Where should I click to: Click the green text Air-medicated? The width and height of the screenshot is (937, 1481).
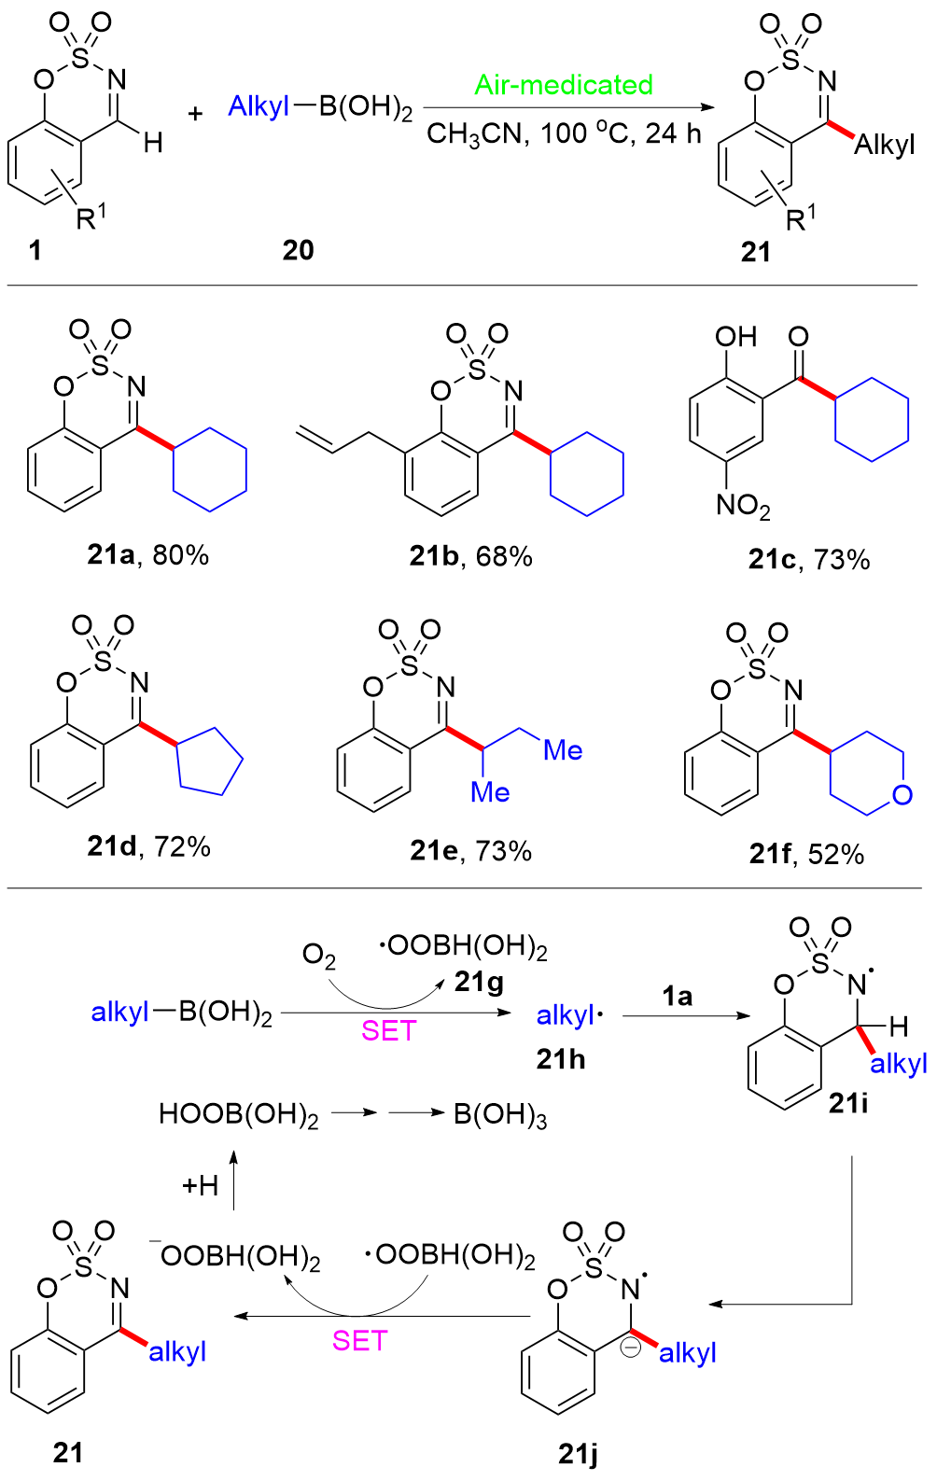pyautogui.click(x=564, y=85)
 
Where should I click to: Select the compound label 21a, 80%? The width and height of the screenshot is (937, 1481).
pyautogui.click(x=147, y=556)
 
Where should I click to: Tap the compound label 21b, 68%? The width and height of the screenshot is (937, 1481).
pyautogui.click(x=470, y=557)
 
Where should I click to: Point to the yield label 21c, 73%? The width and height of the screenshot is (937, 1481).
pyautogui.click(x=809, y=560)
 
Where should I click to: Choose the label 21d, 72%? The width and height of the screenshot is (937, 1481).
pyautogui.click(x=148, y=847)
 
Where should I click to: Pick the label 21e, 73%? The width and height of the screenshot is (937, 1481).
pyautogui.click(x=470, y=851)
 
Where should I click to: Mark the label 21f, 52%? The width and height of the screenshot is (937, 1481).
pyautogui.click(x=806, y=855)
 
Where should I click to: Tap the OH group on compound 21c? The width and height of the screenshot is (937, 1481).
pyautogui.click(x=735, y=337)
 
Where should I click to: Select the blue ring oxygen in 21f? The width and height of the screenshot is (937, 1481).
pyautogui.click(x=902, y=795)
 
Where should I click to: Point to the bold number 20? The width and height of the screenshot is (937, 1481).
pyautogui.click(x=299, y=250)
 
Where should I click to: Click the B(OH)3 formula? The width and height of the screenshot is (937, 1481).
pyautogui.click(x=500, y=1115)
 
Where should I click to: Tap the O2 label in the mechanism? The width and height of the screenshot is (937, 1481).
pyautogui.click(x=319, y=956)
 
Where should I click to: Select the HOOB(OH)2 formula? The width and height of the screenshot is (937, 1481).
pyautogui.click(x=239, y=1115)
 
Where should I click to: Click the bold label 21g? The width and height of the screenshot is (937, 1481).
pyautogui.click(x=479, y=984)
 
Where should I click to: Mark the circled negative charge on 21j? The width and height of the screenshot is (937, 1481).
pyautogui.click(x=632, y=1347)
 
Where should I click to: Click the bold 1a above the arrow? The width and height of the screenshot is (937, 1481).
pyautogui.click(x=678, y=996)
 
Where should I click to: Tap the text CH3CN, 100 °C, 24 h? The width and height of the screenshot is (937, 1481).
pyautogui.click(x=564, y=134)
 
